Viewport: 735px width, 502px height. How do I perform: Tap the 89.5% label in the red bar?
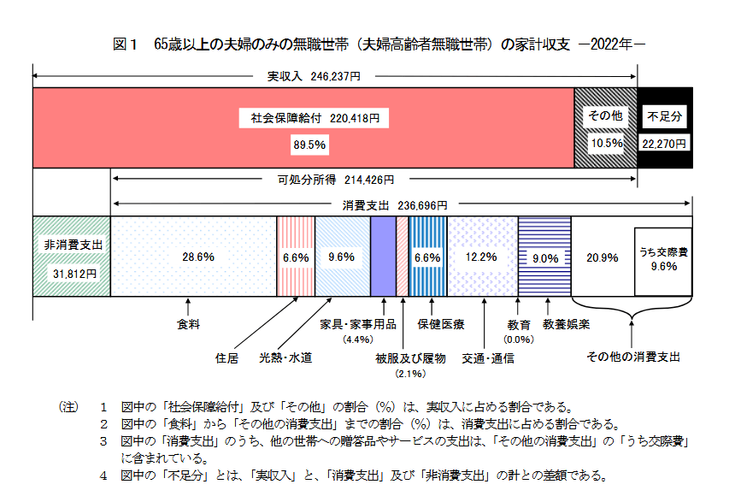pyautogui.click(x=309, y=145)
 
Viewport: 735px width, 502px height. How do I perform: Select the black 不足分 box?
pyautogui.click(x=664, y=128)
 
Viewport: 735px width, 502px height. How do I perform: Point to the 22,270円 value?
pyautogui.click(x=664, y=144)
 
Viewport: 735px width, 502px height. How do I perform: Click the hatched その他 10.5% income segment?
pyautogui.click(x=605, y=128)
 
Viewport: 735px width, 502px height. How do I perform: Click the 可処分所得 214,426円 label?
pyautogui.click(x=335, y=180)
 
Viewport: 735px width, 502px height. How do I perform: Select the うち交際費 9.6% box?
pyautogui.click(x=663, y=260)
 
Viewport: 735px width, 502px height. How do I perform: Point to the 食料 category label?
pyautogui.click(x=187, y=325)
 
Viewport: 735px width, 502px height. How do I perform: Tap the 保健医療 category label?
pyautogui.click(x=440, y=325)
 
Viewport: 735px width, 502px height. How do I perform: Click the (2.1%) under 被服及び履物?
pyautogui.click(x=409, y=374)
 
